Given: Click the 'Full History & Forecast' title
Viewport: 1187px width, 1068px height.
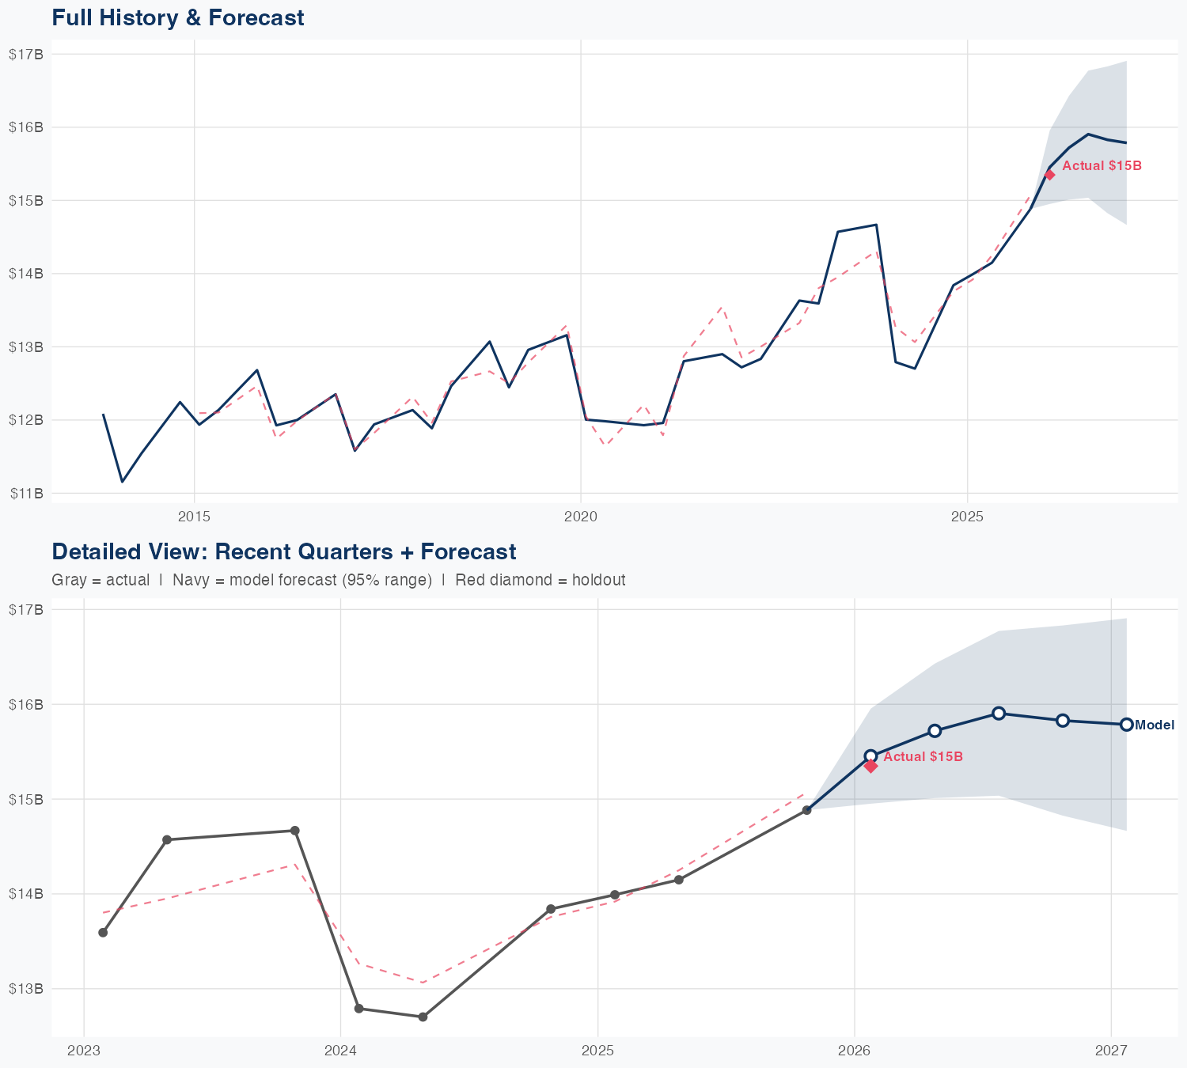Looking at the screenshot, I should coord(178,18).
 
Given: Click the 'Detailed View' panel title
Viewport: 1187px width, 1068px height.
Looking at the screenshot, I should coord(283,552).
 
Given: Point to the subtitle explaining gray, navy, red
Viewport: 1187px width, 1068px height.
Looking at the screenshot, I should coord(338,580).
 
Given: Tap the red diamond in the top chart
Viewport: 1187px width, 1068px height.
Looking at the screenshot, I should coord(1049,175).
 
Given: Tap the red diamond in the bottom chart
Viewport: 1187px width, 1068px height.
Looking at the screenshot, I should coord(871,765).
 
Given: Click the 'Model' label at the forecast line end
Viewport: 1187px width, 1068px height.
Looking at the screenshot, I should coord(1155,725).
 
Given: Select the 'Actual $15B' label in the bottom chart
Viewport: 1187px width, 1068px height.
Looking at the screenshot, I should coord(923,757).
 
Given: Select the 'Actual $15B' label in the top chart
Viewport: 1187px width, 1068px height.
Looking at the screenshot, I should coord(1102,166).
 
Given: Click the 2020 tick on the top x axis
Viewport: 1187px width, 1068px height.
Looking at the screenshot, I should coord(580,517).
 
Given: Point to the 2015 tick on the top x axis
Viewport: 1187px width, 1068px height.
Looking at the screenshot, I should coord(194,517).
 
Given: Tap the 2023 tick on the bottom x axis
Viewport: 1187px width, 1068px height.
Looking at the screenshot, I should coord(84,1051).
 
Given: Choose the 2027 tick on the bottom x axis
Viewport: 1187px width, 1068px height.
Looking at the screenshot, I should coord(1111,1051).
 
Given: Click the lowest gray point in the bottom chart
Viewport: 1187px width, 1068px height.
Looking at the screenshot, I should coord(423,1017).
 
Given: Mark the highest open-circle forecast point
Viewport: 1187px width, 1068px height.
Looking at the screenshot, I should coord(999,714).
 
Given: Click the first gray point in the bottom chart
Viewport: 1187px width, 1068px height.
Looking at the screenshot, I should coord(103,933).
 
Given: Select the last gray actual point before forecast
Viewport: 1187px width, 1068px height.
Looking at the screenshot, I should coord(806,810).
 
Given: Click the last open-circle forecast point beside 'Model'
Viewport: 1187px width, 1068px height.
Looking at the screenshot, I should coord(1126,725).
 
